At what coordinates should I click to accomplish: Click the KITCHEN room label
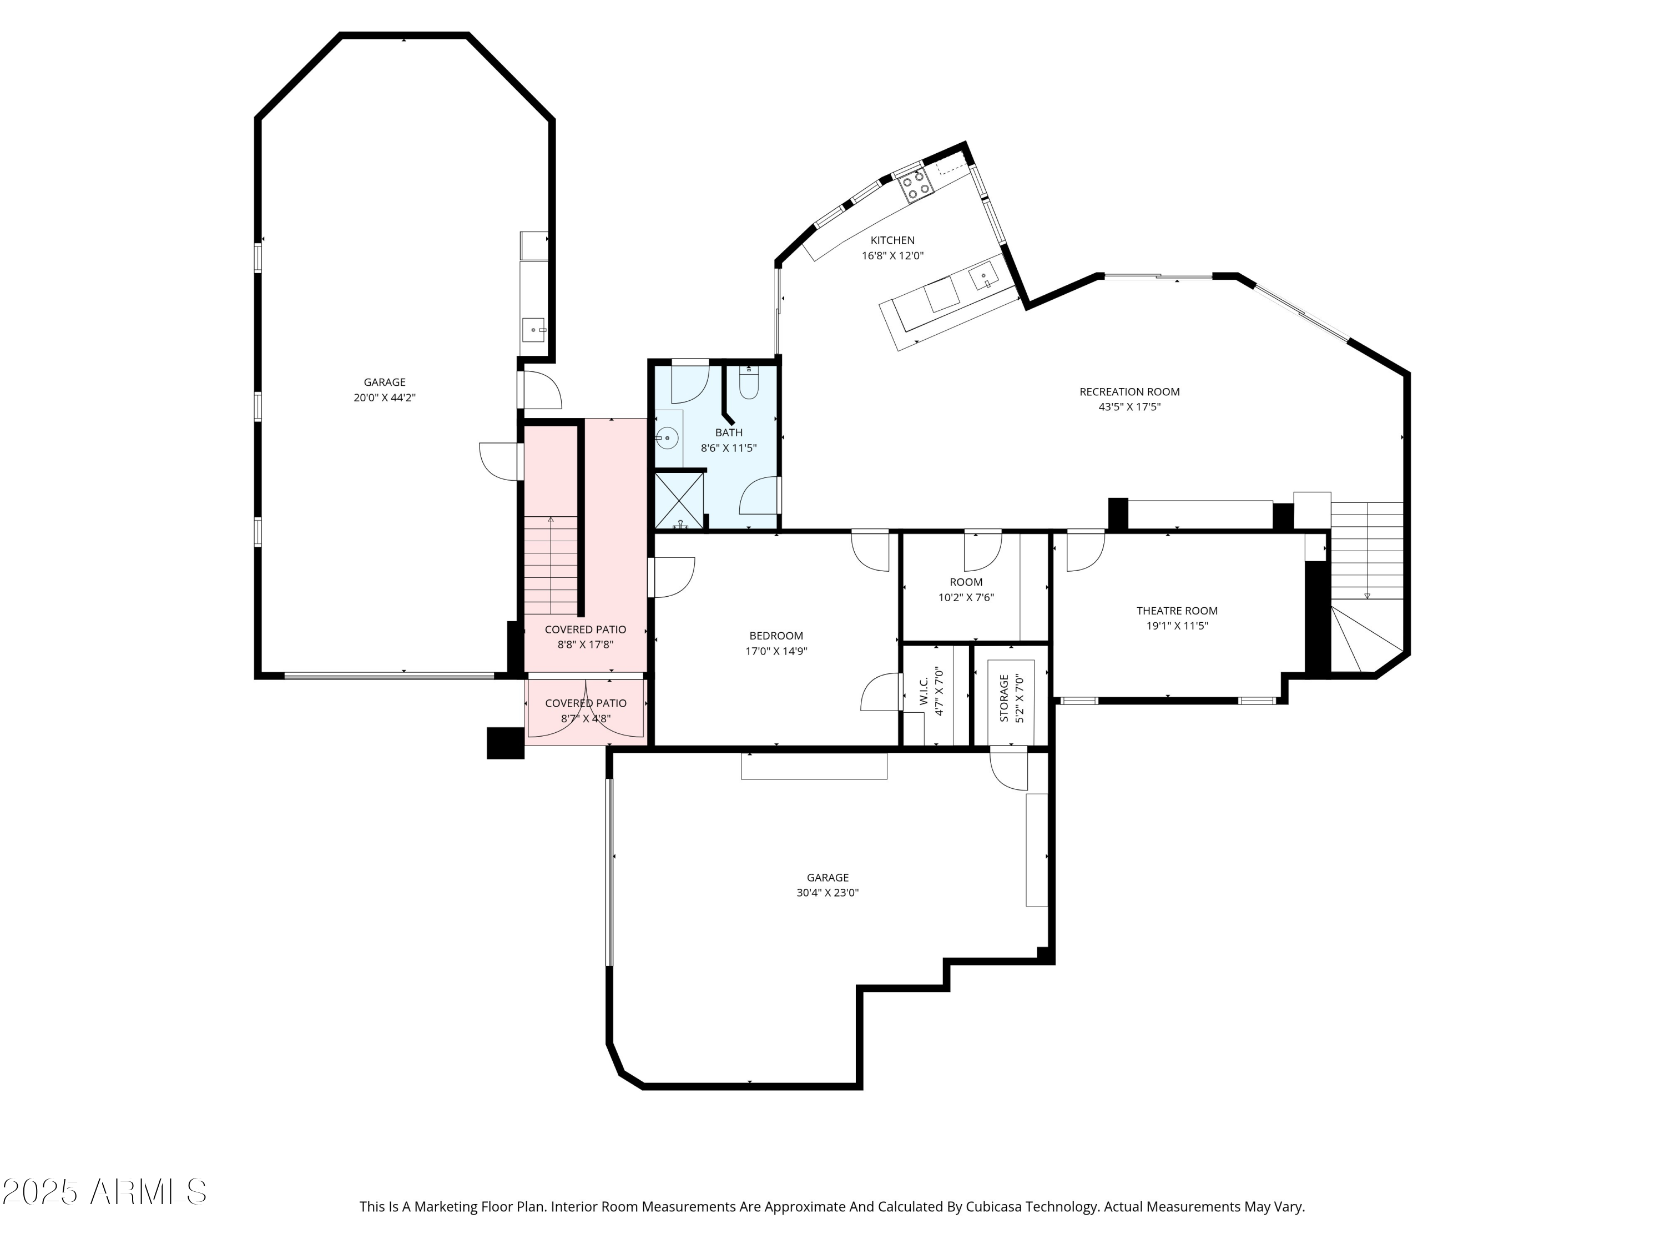(892, 240)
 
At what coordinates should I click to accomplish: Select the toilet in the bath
(749, 385)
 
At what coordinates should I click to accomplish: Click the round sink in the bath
(667, 437)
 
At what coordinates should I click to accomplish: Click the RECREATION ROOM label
(1129, 391)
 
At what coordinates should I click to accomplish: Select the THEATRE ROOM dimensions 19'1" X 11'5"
(1177, 626)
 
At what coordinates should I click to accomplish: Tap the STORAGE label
(1004, 698)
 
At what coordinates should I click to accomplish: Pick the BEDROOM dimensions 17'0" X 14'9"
(776, 651)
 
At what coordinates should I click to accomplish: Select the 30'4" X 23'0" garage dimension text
(828, 893)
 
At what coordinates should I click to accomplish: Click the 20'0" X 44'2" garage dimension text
(384, 397)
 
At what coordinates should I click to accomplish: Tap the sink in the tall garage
(534, 330)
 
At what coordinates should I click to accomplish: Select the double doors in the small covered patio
(586, 708)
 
